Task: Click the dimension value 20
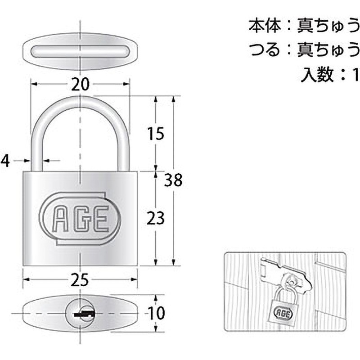click(x=80, y=84)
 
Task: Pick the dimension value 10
click(x=156, y=312)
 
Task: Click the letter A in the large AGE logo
click(x=60, y=219)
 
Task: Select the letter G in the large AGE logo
click(x=80, y=219)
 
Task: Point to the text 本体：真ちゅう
click(x=304, y=25)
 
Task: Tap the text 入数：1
click(x=330, y=74)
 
